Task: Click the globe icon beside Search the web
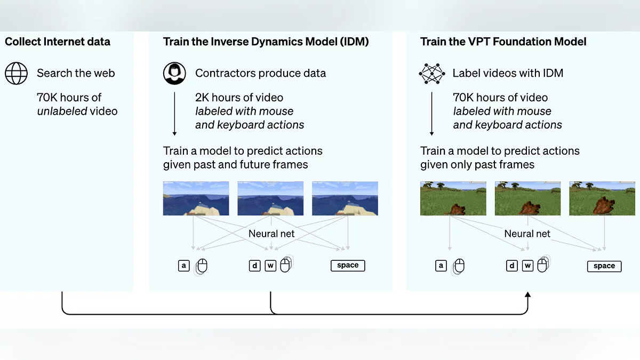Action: pyautogui.click(x=16, y=73)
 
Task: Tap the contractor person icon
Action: pyautogui.click(x=174, y=73)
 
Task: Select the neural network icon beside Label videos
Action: pyautogui.click(x=431, y=73)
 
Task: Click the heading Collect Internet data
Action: pyautogui.click(x=58, y=42)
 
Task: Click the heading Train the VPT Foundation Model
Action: pyautogui.click(x=503, y=42)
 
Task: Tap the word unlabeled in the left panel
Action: pyautogui.click(x=63, y=111)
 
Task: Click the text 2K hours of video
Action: pyautogui.click(x=239, y=98)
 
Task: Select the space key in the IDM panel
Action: pyautogui.click(x=348, y=265)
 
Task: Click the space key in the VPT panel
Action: pyautogui.click(x=604, y=266)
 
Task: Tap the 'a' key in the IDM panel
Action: pyautogui.click(x=184, y=265)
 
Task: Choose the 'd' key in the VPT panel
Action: pyautogui.click(x=512, y=266)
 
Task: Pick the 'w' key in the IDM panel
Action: pyautogui.click(x=270, y=265)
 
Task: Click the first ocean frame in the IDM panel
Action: pyautogui.click(x=196, y=198)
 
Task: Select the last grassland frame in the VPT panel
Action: pyautogui.click(x=602, y=198)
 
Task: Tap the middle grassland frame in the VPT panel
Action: pyautogui.click(x=527, y=198)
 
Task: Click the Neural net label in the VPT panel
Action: pyautogui.click(x=527, y=234)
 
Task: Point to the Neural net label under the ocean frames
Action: pyautogui.click(x=271, y=234)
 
